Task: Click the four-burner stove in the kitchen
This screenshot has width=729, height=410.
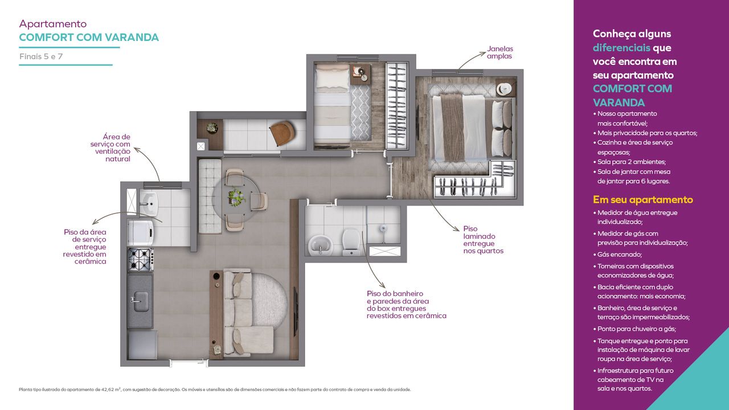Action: pyautogui.click(x=141, y=260)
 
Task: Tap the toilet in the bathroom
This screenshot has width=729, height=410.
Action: pyautogui.click(x=350, y=242)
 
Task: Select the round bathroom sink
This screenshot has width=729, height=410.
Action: pyautogui.click(x=320, y=245)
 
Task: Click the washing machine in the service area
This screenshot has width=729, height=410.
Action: pyautogui.click(x=141, y=233)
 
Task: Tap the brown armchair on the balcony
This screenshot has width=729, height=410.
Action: pyautogui.click(x=282, y=133)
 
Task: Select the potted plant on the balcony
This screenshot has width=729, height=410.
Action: pyautogui.click(x=212, y=128)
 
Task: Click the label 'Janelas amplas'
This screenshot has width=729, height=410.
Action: pyautogui.click(x=500, y=52)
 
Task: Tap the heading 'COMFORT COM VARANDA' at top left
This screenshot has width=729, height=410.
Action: pyautogui.click(x=89, y=38)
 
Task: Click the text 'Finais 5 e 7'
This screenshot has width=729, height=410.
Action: pyautogui.click(x=41, y=56)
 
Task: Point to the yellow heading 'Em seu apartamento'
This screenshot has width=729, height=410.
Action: pyautogui.click(x=643, y=199)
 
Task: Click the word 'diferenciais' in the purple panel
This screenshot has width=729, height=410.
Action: pyautogui.click(x=621, y=48)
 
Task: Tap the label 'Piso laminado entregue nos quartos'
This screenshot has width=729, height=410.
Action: pyautogui.click(x=484, y=240)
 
